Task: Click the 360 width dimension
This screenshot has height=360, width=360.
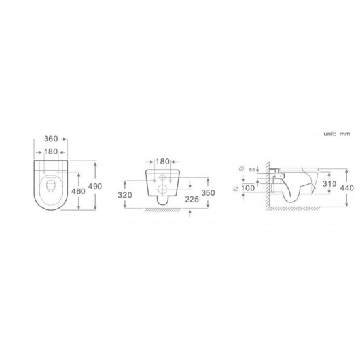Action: click(x=51, y=139)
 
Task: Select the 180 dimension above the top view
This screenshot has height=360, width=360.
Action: click(x=51, y=152)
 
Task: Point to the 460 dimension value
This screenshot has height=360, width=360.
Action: click(x=78, y=191)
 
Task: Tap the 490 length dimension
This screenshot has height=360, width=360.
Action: click(x=95, y=186)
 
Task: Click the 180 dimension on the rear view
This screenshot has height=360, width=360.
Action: click(x=162, y=162)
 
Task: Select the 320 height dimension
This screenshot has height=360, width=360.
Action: click(x=125, y=195)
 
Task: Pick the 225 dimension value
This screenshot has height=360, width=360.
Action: click(x=192, y=200)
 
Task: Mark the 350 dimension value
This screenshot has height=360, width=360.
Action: click(x=208, y=193)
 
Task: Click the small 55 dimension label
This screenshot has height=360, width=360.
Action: click(x=252, y=170)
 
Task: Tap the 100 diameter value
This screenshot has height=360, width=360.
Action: click(x=247, y=189)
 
